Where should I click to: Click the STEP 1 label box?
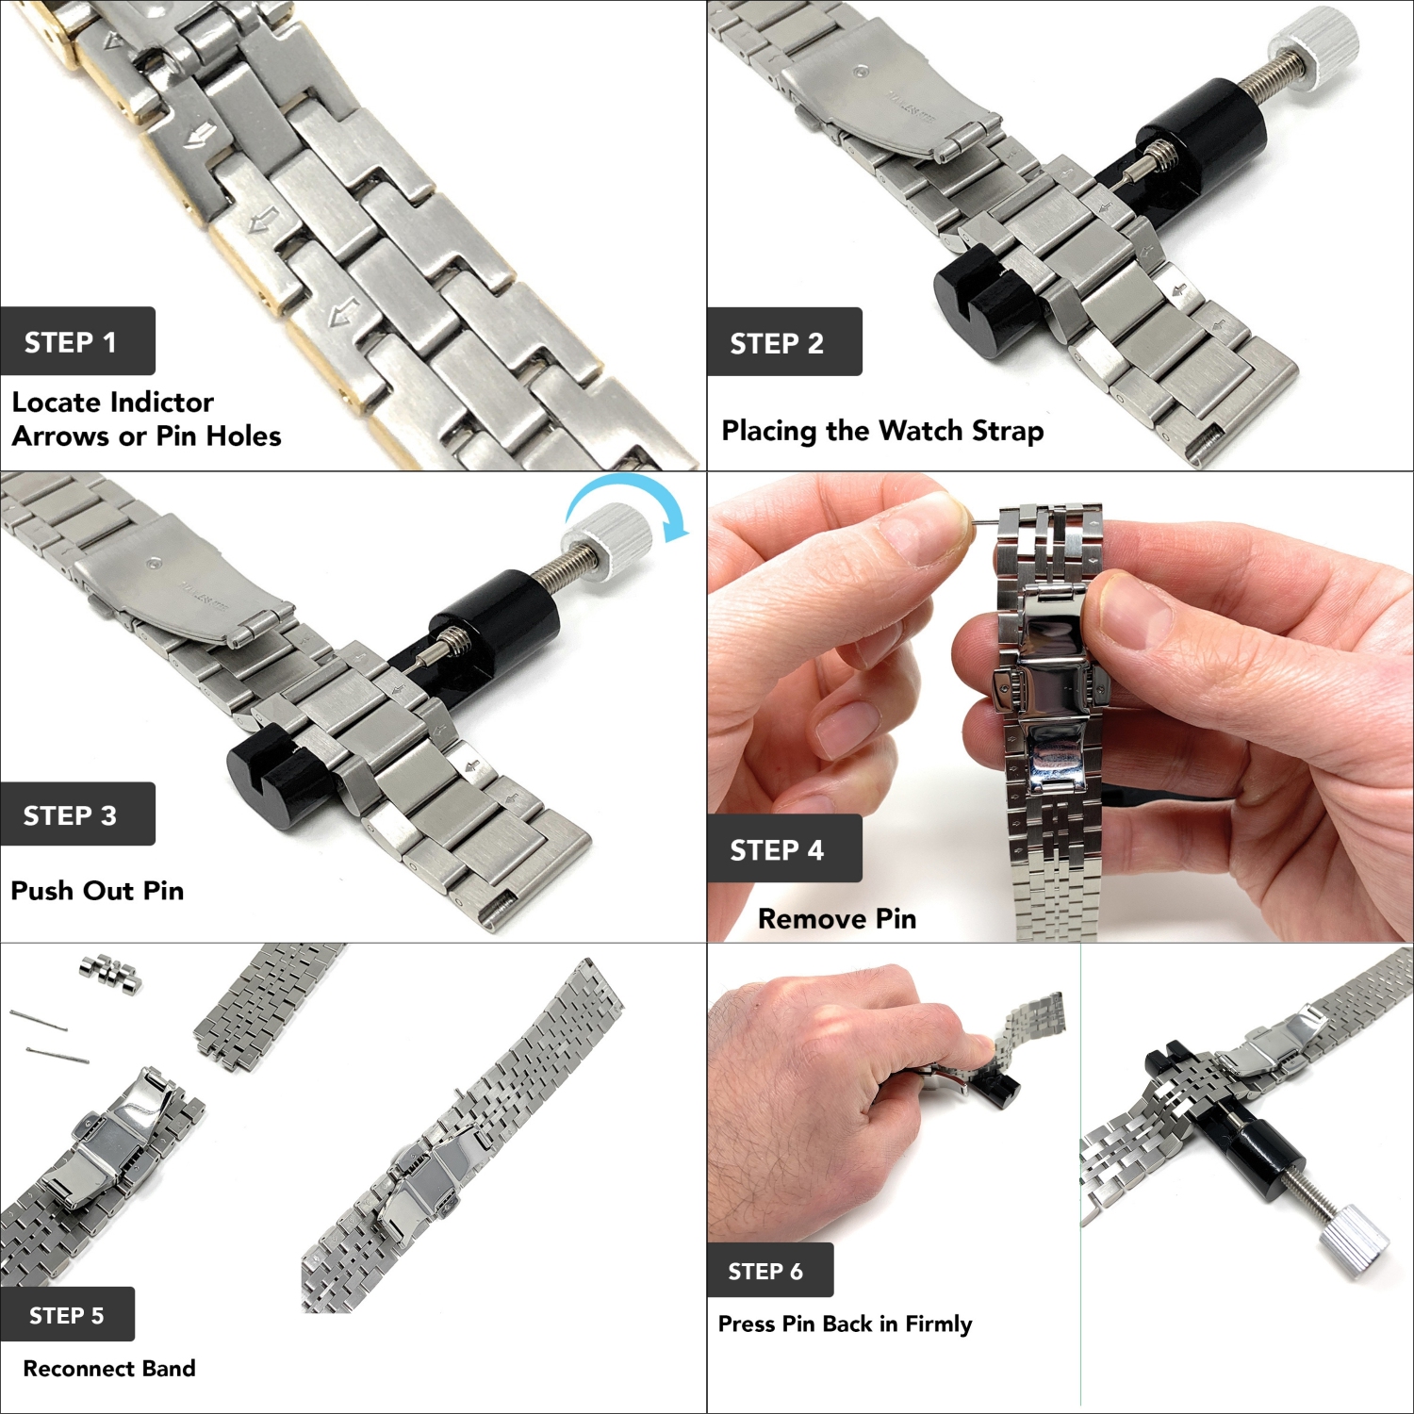pyautogui.click(x=77, y=341)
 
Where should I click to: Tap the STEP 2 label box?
pyautogui.click(x=783, y=342)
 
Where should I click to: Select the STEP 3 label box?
pyautogui.click(x=77, y=814)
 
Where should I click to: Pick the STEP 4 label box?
pyautogui.click(x=783, y=848)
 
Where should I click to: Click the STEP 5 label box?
pyautogui.click(x=68, y=1314)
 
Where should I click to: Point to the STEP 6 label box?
pyautogui.click(x=769, y=1271)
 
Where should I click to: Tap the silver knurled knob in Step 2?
pyautogui.click(x=1313, y=50)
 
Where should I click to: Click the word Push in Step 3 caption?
pyautogui.click(x=43, y=891)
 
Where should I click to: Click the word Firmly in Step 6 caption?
pyautogui.click(x=938, y=1324)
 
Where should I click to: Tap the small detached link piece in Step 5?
pyautogui.click(x=111, y=973)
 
